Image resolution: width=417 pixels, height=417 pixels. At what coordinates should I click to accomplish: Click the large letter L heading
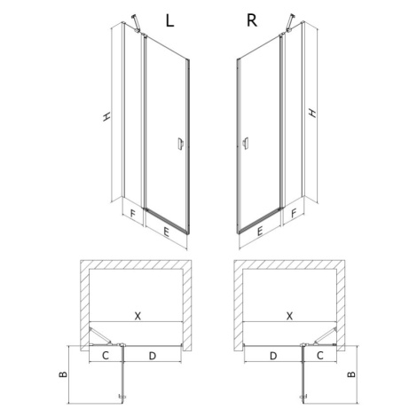169,20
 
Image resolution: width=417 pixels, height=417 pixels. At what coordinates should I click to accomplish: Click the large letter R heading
252,20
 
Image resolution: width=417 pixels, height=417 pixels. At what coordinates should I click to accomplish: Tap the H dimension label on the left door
106,116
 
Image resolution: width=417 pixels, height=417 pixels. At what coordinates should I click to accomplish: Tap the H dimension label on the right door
312,113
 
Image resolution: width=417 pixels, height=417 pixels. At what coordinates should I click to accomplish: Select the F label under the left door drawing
133,214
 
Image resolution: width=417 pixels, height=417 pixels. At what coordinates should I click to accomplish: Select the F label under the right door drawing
294,213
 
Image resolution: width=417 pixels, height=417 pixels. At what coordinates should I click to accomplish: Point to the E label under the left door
166,232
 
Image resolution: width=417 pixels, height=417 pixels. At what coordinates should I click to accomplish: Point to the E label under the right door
260,231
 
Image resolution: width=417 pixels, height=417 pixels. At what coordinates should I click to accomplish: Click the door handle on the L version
181,144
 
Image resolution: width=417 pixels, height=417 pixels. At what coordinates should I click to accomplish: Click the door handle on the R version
245,144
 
